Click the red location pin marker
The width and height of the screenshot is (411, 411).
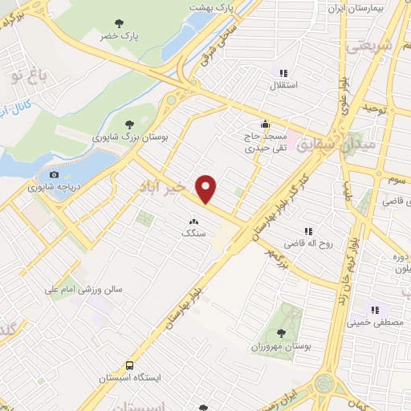click(207, 189)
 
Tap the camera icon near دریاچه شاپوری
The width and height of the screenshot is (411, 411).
click(54, 174)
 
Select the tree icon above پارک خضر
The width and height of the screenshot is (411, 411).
click(120, 22)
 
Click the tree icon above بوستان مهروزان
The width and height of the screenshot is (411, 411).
click(281, 333)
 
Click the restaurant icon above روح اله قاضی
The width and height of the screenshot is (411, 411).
click(308, 231)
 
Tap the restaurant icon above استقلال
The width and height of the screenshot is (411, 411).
click(283, 72)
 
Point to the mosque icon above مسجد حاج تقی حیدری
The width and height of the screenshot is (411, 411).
click(265, 124)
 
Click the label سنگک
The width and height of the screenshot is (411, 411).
click(193, 233)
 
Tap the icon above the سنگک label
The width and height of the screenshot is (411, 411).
click(193, 221)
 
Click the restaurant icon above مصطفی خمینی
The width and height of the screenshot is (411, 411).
click(373, 310)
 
